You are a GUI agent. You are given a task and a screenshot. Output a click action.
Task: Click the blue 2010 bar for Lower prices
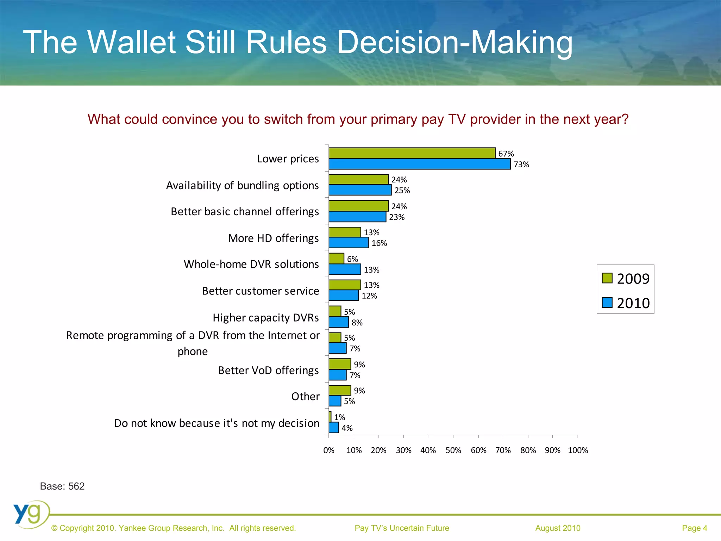[419, 164]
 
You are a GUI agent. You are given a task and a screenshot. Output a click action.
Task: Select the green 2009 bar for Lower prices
[412, 153]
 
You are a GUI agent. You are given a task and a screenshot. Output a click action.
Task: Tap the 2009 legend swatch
[607, 278]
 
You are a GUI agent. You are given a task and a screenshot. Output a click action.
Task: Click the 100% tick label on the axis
[578, 450]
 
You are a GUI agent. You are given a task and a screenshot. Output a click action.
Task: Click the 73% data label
[521, 164]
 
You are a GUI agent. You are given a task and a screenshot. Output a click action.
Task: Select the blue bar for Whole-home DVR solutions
[345, 269]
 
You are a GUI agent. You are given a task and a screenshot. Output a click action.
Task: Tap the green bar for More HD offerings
[345, 232]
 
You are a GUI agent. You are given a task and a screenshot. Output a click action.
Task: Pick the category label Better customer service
[261, 291]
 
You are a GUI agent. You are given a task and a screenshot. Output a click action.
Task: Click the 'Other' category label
[305, 396]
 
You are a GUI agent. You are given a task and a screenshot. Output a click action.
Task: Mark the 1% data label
[339, 417]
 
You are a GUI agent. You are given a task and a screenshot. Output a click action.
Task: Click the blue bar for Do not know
[334, 428]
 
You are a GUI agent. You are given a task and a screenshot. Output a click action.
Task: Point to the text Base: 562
[62, 486]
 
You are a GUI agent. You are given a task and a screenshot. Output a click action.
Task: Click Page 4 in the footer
[694, 528]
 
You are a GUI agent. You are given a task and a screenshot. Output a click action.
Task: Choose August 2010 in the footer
[558, 528]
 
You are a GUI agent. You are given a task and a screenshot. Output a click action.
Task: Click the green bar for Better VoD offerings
[340, 364]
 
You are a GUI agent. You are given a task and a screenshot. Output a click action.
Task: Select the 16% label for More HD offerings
[379, 243]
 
